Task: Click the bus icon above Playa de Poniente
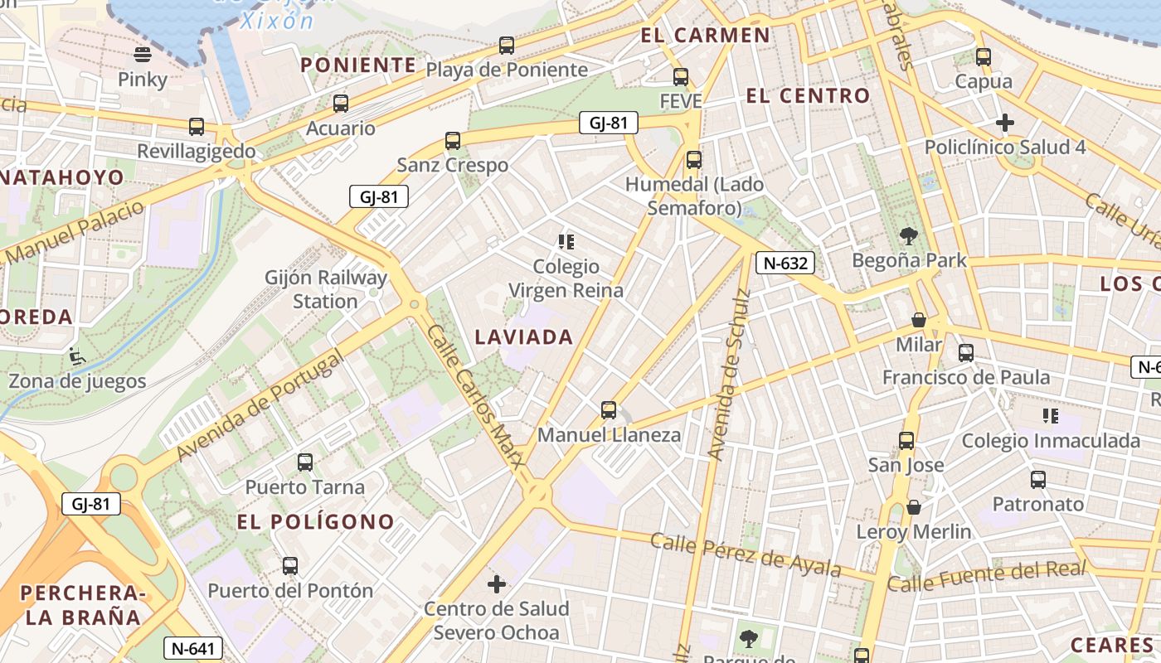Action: point(506,46)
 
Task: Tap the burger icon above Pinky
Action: point(143,56)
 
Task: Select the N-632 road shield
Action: point(785,264)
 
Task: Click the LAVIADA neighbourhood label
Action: point(524,337)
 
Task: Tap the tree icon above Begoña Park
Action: point(909,236)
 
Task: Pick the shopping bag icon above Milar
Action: point(919,320)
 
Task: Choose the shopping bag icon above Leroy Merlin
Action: point(913,507)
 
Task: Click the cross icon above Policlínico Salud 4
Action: point(1005,123)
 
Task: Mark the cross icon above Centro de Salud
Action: point(497,585)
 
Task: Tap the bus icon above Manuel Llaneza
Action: point(609,410)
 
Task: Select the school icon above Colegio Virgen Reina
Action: point(566,242)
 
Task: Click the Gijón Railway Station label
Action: point(326,289)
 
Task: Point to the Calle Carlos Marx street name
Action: point(477,406)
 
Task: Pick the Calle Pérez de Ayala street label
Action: point(746,555)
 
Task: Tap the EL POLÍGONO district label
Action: point(316,522)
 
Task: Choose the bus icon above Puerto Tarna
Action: point(305,462)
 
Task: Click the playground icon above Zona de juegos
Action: point(76,356)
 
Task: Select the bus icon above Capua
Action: point(984,57)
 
